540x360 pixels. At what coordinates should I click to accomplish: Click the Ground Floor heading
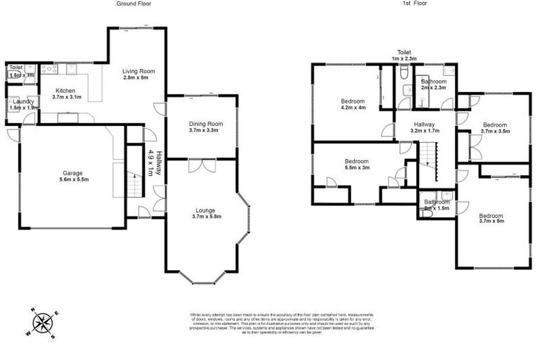click(133, 4)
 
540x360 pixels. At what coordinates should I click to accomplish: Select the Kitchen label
click(65, 91)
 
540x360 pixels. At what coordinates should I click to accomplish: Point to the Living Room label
click(138, 71)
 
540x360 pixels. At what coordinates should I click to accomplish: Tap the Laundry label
click(18, 102)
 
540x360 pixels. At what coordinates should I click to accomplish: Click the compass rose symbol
click(44, 323)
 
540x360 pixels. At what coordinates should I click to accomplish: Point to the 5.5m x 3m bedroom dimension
click(355, 167)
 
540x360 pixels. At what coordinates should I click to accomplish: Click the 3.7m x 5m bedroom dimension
click(491, 221)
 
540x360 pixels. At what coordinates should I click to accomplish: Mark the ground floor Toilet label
click(15, 67)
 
